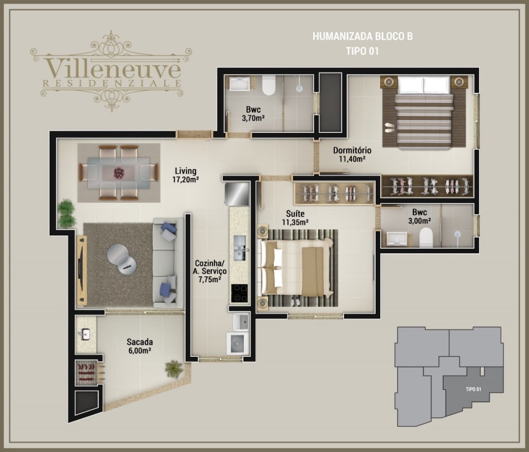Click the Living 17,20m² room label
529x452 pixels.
click(185, 175)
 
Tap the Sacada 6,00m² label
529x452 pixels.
click(139, 346)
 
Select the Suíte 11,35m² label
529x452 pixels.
click(295, 218)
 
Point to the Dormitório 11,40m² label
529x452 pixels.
click(352, 155)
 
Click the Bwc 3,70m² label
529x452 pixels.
click(253, 113)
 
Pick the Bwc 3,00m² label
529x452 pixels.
click(419, 217)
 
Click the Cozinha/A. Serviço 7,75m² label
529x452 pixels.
click(210, 271)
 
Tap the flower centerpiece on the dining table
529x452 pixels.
click(119, 173)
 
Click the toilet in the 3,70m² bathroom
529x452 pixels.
click(269, 85)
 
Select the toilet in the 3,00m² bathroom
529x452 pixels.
click(426, 237)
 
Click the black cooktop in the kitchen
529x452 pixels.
click(239, 293)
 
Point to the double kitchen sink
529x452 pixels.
click(240, 248)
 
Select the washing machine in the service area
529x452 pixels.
click(238, 343)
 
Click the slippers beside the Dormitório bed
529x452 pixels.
click(390, 127)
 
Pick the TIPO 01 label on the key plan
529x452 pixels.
click(473, 389)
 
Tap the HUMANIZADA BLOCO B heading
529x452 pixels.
click(363, 36)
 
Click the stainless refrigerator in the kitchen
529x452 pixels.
click(237, 194)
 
